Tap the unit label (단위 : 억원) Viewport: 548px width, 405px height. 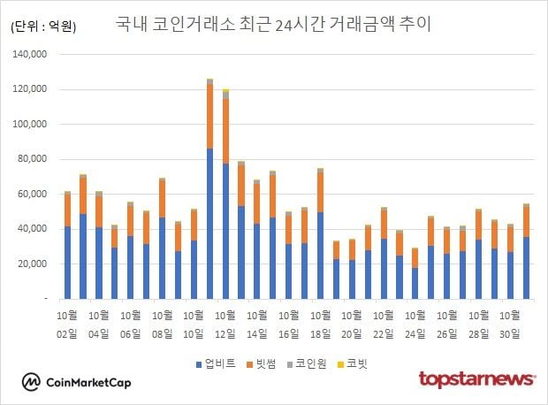[43, 27]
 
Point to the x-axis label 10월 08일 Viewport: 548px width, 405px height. [163, 325]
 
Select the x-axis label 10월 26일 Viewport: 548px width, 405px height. [447, 325]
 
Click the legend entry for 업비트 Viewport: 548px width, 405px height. [217, 363]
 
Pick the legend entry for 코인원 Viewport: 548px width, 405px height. [310, 363]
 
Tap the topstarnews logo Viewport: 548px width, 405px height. [476, 379]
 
